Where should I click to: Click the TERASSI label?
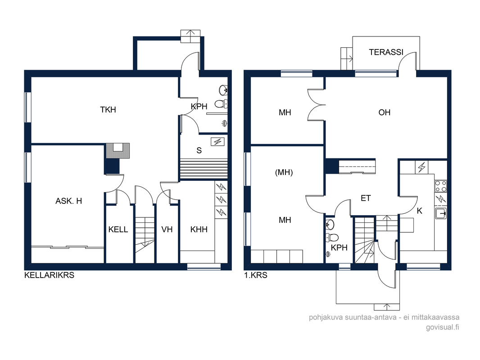click(x=386, y=52)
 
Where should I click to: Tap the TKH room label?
click(x=108, y=109)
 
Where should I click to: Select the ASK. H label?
click(x=68, y=201)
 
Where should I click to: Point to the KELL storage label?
click(x=118, y=229)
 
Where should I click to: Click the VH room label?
click(x=167, y=229)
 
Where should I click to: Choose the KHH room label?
click(x=199, y=229)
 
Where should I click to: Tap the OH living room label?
click(x=385, y=112)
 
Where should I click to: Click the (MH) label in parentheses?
click(x=284, y=172)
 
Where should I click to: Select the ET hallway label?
click(x=366, y=198)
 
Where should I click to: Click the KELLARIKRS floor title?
click(x=49, y=275)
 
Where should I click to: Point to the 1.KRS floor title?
click(x=256, y=275)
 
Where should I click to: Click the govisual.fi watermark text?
click(x=442, y=327)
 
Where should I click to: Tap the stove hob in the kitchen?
click(x=440, y=186)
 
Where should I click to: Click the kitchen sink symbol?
click(x=441, y=213)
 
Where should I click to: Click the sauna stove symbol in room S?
click(x=217, y=142)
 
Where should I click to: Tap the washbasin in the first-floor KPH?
click(x=330, y=225)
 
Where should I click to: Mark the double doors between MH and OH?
click(x=316, y=105)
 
